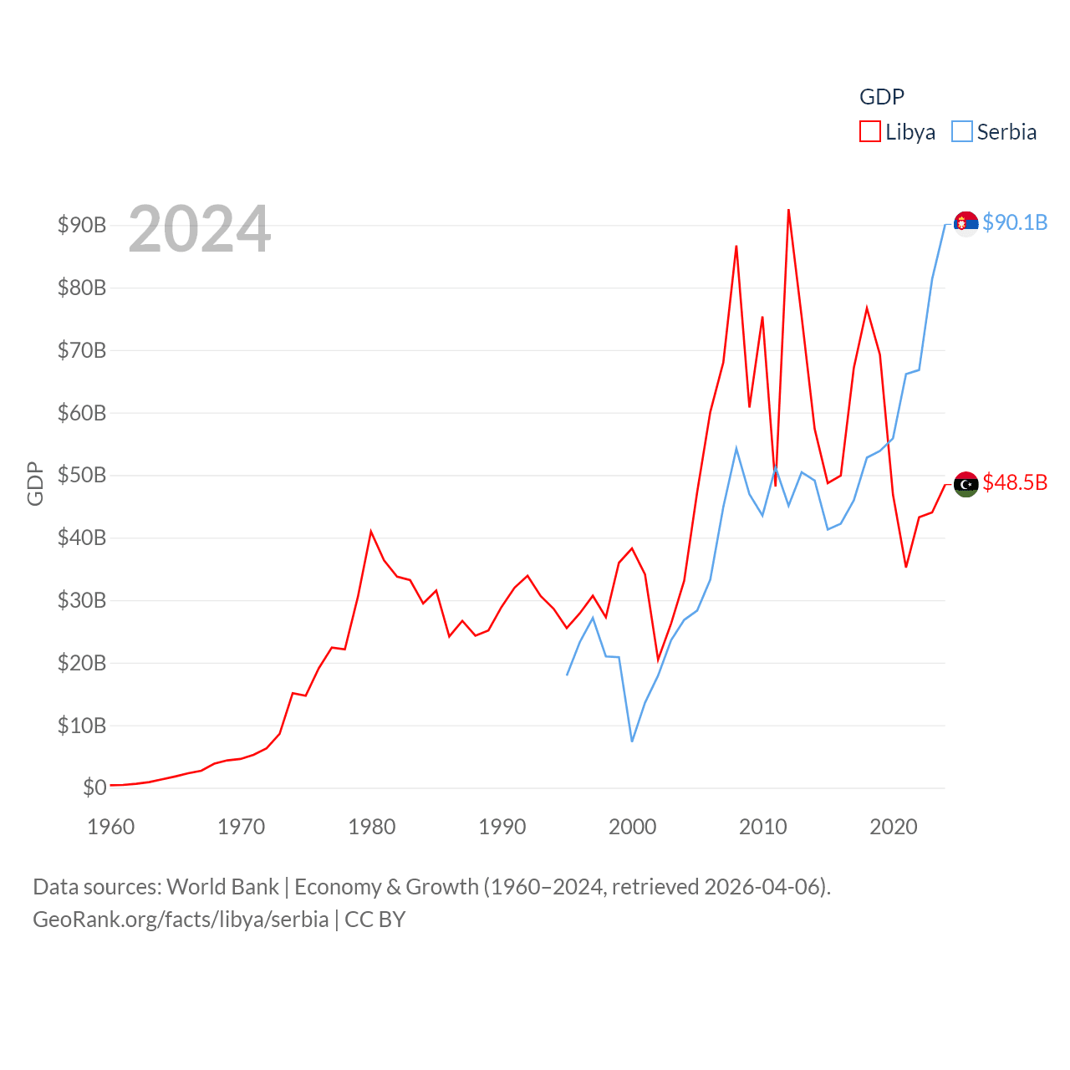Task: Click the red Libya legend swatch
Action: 870,132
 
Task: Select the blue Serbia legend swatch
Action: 962,132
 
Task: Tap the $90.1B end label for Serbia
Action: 1015,222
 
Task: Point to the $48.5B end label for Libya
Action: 1015,482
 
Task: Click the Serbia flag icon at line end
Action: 966,223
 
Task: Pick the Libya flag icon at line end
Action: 966,484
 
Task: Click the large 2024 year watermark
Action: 199,228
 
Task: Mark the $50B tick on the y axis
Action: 82,476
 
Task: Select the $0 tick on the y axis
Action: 94,787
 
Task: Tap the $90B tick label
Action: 82,225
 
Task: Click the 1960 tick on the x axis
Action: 111,827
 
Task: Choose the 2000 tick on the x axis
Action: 633,827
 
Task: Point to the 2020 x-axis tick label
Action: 894,827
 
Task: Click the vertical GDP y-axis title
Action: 35,483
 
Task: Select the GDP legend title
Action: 882,97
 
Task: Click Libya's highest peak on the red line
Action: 788,211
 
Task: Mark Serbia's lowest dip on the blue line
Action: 632,741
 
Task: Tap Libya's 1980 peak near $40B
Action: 371,532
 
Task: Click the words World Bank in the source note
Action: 222,886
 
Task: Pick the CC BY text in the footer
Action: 374,920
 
